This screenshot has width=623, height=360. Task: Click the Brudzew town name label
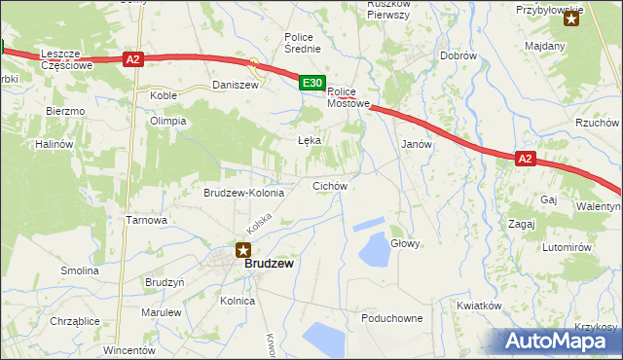pos(270,263)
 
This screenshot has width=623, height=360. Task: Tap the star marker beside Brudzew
pos(244,251)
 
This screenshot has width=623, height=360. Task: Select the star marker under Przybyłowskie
pos(571,18)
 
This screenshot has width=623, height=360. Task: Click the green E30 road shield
pos(311,85)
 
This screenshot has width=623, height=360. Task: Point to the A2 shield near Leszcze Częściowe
pos(134,59)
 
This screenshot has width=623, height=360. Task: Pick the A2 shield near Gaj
pos(525,159)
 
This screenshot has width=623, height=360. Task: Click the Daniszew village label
pos(234,86)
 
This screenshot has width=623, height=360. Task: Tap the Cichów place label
pos(329,185)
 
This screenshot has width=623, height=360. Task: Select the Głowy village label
pos(405,243)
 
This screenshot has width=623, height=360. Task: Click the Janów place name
pos(417,143)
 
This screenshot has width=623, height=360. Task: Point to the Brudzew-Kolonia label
pos(243,193)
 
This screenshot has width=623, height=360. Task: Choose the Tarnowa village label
pos(147,220)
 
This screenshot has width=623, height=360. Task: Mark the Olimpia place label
pos(166,122)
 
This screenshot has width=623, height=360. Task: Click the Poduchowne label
pos(391,318)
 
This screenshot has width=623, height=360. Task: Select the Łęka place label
pos(309,140)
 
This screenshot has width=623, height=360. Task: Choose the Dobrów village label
pos(458,56)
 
